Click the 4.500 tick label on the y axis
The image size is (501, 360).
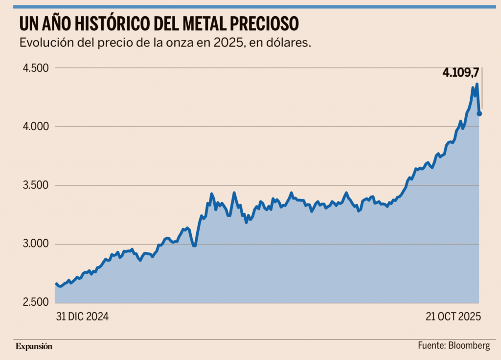[x=36, y=68]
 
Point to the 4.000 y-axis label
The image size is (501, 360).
[x=36, y=127]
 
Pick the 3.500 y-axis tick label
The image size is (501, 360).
[x=36, y=185]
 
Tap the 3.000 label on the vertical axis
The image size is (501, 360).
[x=36, y=244]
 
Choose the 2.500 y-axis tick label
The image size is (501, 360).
[x=36, y=303]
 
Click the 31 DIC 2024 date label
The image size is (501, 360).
[x=82, y=316]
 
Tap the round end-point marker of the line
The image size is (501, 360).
[x=479, y=113]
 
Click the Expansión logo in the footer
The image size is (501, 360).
[x=34, y=346]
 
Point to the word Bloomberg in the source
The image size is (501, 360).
[x=469, y=346]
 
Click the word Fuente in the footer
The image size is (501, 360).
[x=431, y=346]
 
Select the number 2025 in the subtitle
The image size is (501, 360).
[x=227, y=43]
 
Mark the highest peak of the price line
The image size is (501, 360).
[x=477, y=85]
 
